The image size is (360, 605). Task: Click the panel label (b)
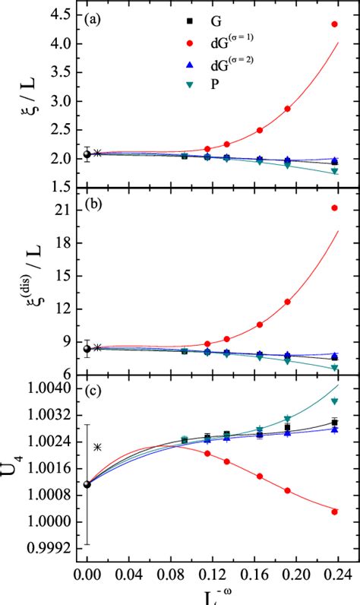94,204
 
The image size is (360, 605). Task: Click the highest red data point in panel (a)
335,24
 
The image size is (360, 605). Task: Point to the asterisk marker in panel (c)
97,447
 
